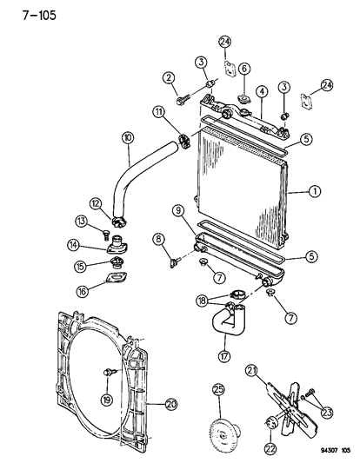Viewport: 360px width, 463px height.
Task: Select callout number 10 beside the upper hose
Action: [128, 137]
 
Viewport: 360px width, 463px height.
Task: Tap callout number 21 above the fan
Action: [277, 371]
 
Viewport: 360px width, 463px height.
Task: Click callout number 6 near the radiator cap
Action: [243, 68]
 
